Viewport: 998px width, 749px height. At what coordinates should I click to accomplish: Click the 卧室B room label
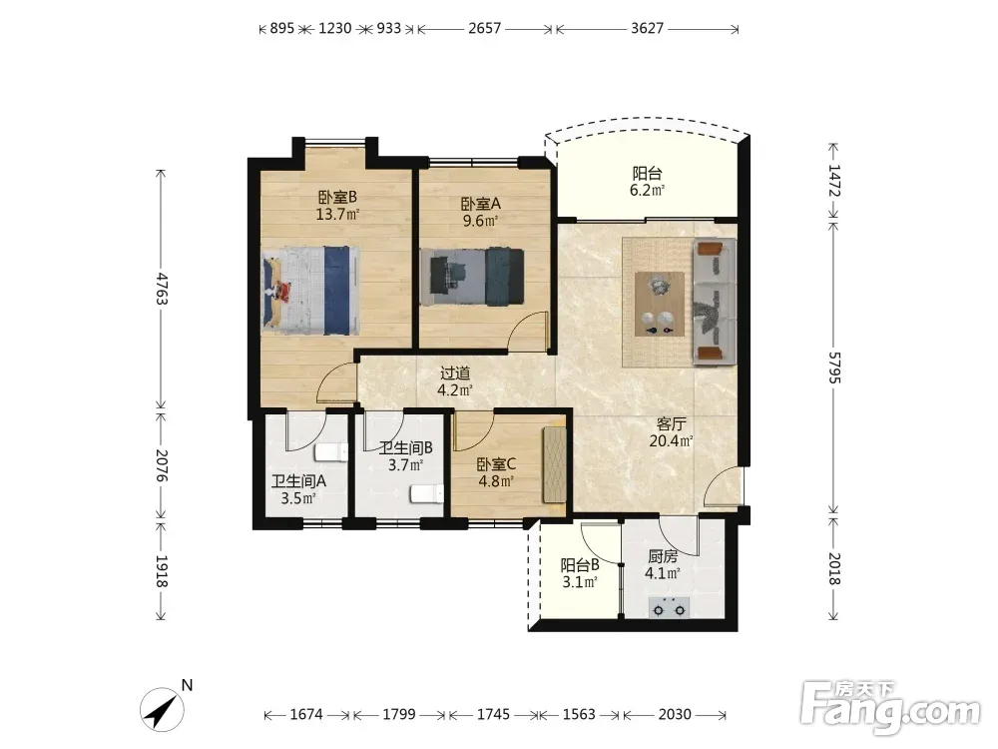(337, 197)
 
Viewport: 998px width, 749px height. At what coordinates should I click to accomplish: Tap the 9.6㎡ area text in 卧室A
(480, 221)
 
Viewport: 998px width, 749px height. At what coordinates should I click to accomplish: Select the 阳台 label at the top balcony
(648, 173)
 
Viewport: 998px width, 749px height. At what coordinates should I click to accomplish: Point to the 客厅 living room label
(671, 423)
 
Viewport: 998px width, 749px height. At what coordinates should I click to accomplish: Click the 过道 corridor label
(455, 374)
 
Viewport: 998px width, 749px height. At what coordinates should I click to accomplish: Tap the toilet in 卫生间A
(331, 452)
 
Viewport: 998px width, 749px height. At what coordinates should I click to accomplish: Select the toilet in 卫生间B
(427, 494)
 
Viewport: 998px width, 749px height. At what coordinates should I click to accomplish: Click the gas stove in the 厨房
(669, 607)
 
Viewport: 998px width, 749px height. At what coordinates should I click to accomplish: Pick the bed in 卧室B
(311, 291)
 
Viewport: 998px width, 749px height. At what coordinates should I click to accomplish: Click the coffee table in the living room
(660, 304)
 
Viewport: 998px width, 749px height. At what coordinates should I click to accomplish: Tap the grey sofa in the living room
(715, 302)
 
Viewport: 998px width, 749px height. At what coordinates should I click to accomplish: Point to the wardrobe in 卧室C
(554, 465)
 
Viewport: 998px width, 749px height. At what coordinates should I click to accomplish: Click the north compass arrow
(163, 709)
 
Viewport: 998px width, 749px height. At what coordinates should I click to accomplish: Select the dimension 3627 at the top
(648, 29)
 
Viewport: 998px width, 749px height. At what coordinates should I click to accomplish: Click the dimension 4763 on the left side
(161, 289)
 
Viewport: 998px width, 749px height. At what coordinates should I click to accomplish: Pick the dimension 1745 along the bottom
(493, 715)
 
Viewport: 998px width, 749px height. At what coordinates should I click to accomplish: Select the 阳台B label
(580, 565)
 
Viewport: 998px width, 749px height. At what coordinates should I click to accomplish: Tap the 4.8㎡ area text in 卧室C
(496, 481)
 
